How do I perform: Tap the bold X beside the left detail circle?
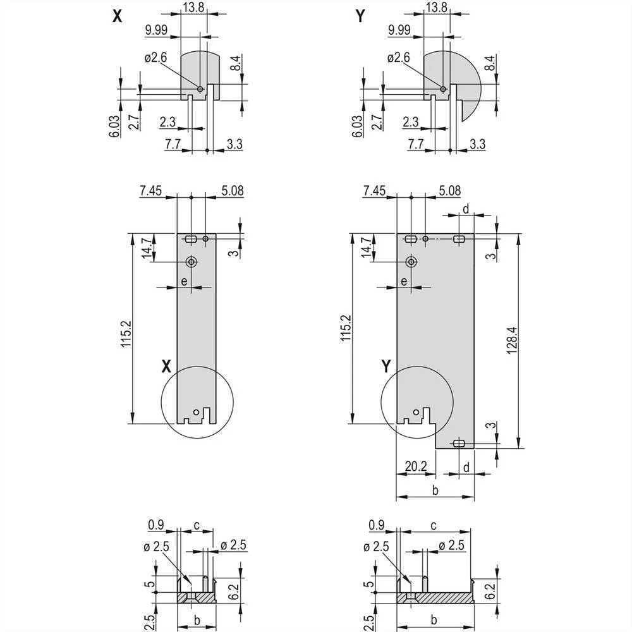[167, 365]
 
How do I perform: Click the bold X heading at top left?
[117, 18]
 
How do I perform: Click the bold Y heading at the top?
[360, 18]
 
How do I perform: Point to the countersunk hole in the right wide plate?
[411, 262]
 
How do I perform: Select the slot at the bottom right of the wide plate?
[459, 442]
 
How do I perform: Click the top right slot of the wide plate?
[459, 238]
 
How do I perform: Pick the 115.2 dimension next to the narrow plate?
[125, 332]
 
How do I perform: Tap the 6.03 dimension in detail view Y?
[357, 126]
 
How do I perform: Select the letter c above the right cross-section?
[434, 525]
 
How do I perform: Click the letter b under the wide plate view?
[435, 490]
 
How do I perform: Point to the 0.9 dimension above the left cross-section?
[155, 524]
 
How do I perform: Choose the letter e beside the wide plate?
[403, 282]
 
